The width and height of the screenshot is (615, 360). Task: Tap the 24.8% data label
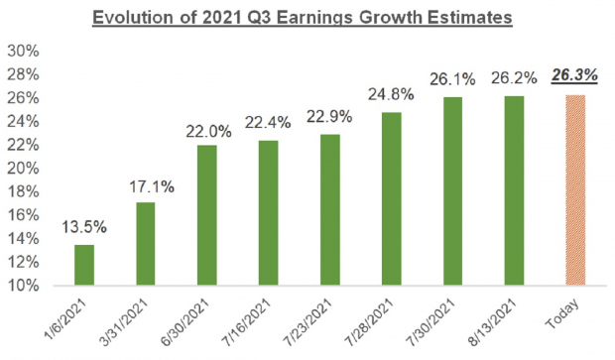pos(393,96)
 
